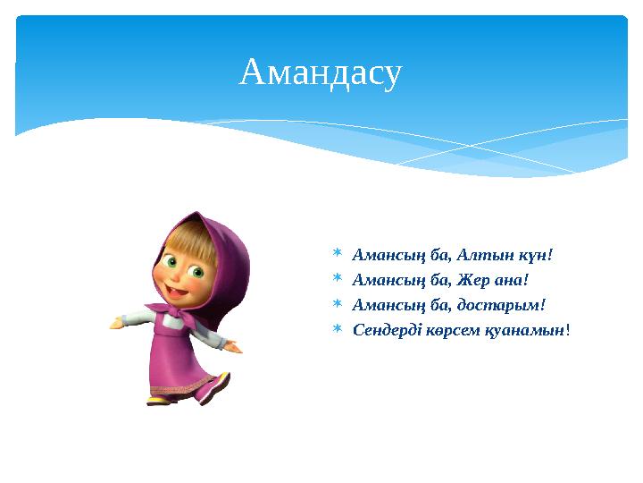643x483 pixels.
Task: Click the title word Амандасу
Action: point(321,74)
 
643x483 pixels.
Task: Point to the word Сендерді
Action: point(387,330)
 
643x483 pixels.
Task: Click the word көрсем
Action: point(459,330)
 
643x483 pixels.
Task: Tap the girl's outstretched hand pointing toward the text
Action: point(234,344)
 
